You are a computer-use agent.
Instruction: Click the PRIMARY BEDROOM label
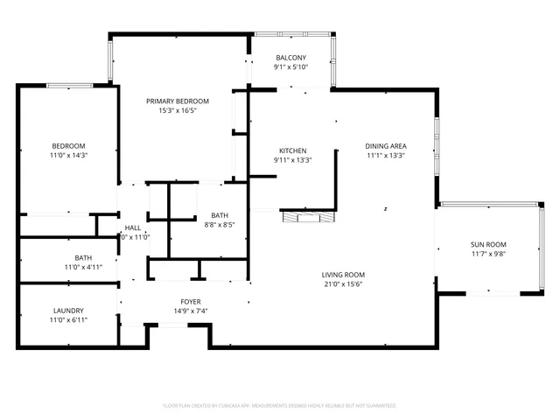pyautogui.click(x=177, y=101)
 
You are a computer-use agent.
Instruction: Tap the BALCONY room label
pyautogui.click(x=290, y=57)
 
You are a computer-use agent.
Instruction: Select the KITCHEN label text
pyautogui.click(x=292, y=150)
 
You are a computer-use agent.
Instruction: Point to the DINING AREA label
pyautogui.click(x=386, y=146)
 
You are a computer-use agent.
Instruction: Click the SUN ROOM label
pyautogui.click(x=488, y=244)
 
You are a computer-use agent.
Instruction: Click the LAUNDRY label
pyautogui.click(x=68, y=311)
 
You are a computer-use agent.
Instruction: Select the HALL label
pyautogui.click(x=133, y=227)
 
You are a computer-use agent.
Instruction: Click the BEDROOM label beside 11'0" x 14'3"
pyautogui.click(x=68, y=145)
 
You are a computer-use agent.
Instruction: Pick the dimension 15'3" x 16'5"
pyautogui.click(x=177, y=111)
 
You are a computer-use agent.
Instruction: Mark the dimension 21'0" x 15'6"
pyautogui.click(x=343, y=283)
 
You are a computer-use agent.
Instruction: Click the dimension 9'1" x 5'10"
pyautogui.click(x=290, y=67)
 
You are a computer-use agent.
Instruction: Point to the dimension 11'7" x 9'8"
pyautogui.click(x=488, y=255)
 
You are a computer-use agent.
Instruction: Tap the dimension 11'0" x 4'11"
pyautogui.click(x=83, y=268)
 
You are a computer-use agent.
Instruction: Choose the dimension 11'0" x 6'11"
pyautogui.click(x=68, y=320)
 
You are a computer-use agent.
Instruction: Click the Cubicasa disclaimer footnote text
pyautogui.click(x=280, y=406)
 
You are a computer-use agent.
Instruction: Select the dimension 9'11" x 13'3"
pyautogui.click(x=292, y=160)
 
